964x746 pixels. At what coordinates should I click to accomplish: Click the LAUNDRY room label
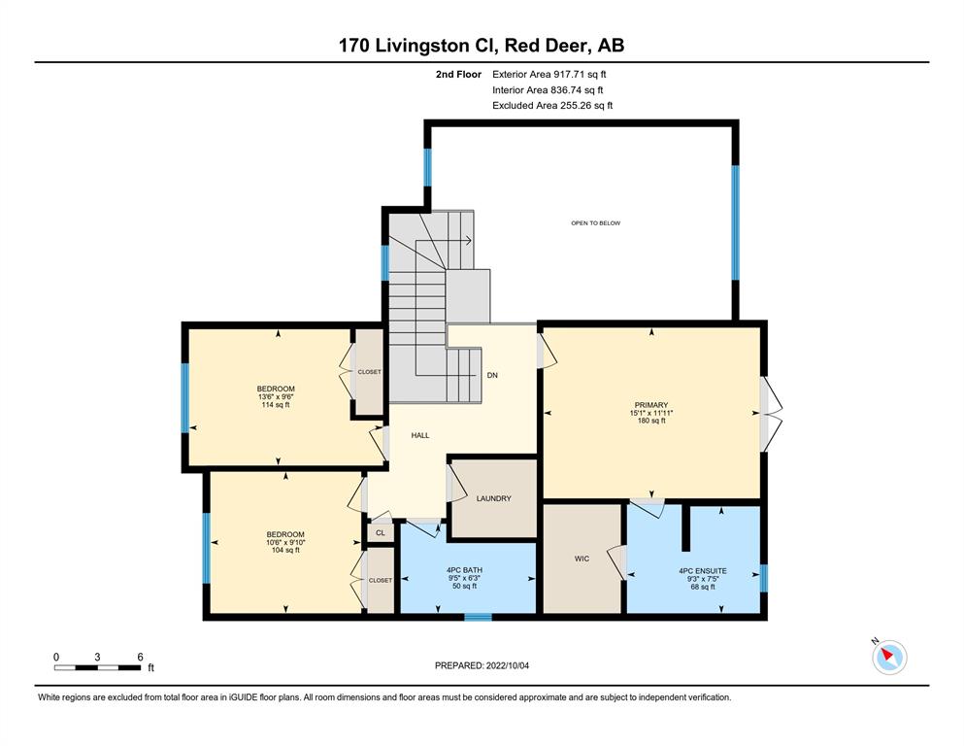494,498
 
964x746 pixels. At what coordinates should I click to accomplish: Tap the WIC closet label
582,559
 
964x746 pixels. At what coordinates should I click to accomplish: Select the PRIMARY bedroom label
651,405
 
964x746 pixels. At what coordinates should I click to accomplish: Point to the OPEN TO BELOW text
596,223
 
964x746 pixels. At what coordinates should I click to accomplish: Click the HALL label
420,435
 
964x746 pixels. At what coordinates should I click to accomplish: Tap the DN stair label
492,375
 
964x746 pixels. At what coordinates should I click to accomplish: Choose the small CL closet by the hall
381,532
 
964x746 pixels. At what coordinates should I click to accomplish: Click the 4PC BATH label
464,570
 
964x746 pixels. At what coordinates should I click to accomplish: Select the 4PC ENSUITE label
703,571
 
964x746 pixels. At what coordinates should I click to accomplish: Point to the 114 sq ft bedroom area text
276,405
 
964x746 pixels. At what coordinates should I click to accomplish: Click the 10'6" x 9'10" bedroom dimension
285,542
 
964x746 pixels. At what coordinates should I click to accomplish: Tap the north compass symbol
889,657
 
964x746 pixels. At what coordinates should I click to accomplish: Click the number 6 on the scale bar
140,657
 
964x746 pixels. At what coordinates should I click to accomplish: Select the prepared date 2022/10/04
507,665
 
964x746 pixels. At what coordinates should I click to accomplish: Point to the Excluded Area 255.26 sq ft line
552,105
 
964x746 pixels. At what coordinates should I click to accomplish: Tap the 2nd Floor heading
458,75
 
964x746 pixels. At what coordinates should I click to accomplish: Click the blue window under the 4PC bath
478,617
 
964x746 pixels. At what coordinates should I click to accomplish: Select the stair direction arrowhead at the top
469,241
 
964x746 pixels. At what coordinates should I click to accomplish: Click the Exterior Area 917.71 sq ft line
549,75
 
